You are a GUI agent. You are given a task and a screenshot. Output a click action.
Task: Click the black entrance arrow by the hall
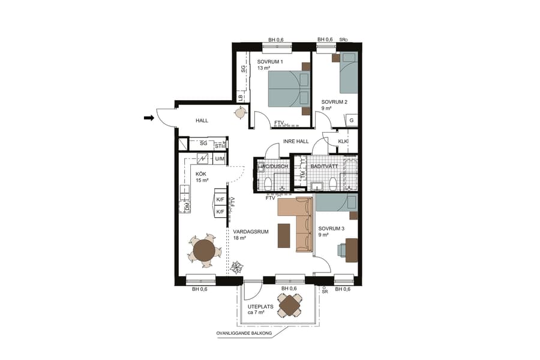coord(149,118)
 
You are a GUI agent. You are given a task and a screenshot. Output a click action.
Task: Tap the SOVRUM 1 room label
coord(270,62)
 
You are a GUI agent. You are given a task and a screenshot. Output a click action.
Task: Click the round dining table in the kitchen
coord(204,248)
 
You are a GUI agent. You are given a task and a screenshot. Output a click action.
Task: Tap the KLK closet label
coord(343,142)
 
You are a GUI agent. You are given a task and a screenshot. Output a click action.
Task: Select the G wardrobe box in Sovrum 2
coord(352,121)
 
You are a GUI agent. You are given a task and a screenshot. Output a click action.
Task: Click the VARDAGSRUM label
coord(250,231)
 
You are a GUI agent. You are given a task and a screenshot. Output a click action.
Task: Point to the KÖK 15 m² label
coord(201,177)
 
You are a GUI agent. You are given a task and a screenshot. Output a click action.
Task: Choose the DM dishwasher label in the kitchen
coord(187,206)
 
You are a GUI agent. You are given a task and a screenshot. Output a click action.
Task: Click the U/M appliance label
coord(220,158)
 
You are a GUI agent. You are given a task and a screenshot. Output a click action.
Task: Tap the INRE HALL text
coord(296,142)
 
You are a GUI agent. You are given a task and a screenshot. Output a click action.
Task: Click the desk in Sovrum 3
coord(352,250)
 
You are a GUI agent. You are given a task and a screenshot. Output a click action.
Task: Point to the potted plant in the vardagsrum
coord(238,266)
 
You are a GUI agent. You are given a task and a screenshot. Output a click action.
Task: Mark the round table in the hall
coord(240,112)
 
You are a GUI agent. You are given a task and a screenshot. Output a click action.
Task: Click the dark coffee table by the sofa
coord(284,235)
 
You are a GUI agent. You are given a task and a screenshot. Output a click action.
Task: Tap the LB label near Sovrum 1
coord(240,97)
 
